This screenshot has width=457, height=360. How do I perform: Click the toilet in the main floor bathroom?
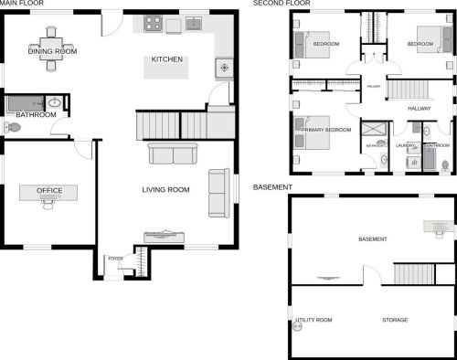[x=12, y=127]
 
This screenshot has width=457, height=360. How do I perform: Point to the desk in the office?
[x=48, y=194]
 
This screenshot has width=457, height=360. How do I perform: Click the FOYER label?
[x=115, y=259]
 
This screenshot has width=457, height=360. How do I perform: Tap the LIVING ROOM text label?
[x=165, y=189]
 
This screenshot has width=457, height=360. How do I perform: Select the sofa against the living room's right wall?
[x=218, y=193]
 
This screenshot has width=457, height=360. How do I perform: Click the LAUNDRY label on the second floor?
[x=405, y=145]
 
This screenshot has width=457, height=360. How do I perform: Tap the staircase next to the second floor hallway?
[x=408, y=89]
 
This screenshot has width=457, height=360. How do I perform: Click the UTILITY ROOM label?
[x=314, y=320]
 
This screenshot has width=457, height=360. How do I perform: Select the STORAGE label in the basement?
[x=395, y=320]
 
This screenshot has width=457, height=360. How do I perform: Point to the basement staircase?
[x=410, y=273]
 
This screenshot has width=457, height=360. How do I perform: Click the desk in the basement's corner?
[x=437, y=226]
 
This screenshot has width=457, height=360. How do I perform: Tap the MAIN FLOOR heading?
[x=23, y=4]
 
